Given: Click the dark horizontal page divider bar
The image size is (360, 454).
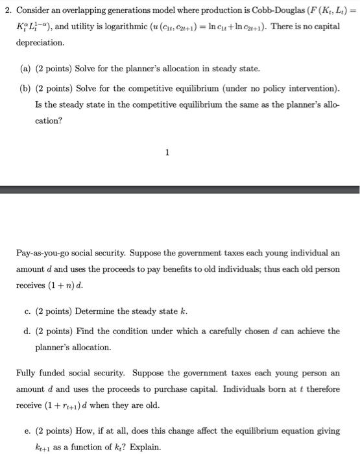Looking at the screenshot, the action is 180,189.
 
